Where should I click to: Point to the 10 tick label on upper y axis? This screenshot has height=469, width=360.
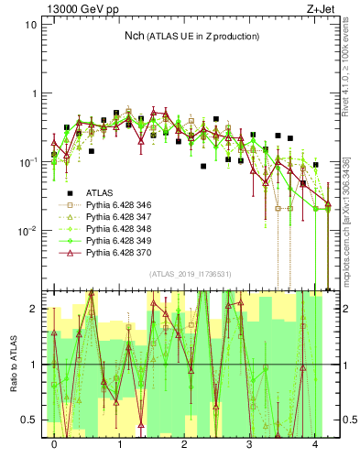tap(30, 25)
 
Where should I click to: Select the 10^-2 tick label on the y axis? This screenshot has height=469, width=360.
tap(27, 230)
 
